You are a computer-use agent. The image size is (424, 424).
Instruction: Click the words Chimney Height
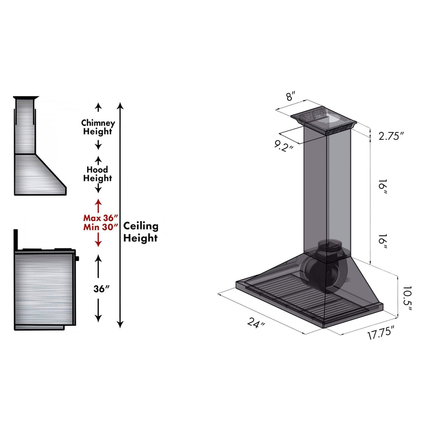tap(98, 127)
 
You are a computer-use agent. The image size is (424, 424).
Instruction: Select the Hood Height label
tap(97, 174)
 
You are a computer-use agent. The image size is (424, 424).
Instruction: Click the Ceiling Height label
tap(140, 232)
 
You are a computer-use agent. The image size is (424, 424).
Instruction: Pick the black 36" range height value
tap(102, 289)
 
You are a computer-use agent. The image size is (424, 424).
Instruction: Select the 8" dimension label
tap(291, 96)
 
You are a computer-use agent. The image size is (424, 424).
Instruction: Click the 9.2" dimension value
tap(283, 146)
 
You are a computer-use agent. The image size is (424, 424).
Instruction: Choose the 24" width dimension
tap(256, 323)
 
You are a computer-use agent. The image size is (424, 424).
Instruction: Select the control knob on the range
tap(77, 258)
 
